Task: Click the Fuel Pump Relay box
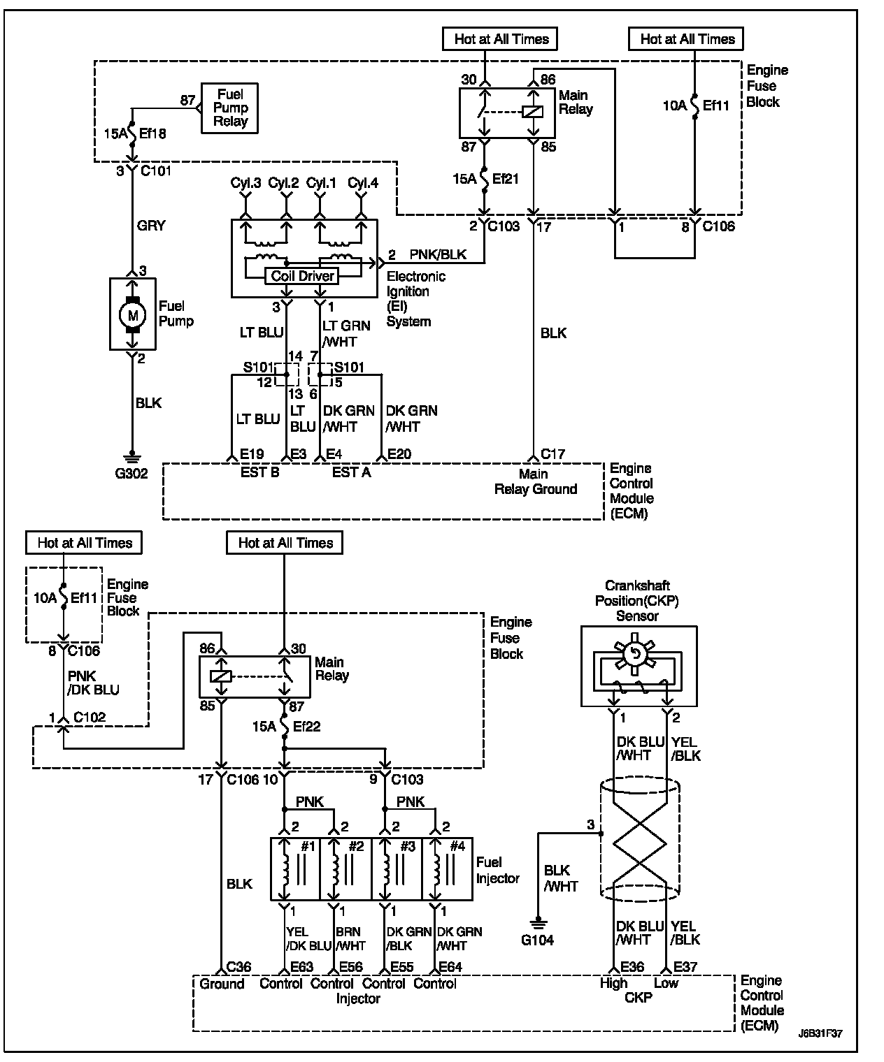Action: [x=229, y=108]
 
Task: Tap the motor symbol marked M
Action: [x=132, y=315]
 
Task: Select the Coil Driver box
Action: [x=302, y=276]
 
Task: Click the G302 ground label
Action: [x=131, y=474]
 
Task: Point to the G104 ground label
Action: [x=537, y=940]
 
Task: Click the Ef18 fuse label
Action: [x=152, y=133]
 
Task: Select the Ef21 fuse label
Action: [x=506, y=179]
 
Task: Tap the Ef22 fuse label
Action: [x=307, y=727]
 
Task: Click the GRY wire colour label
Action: [x=151, y=225]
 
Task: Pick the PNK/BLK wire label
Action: [x=438, y=254]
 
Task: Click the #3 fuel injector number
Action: [x=407, y=846]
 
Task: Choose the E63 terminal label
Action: [x=301, y=966]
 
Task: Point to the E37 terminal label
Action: [x=685, y=966]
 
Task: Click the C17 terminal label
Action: [x=553, y=453]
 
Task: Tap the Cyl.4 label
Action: [x=363, y=183]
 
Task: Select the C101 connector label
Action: [x=156, y=171]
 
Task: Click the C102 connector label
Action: [x=90, y=717]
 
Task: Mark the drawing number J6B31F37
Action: [x=820, y=1044]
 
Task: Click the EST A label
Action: [x=351, y=472]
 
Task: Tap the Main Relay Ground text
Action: [x=536, y=481]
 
